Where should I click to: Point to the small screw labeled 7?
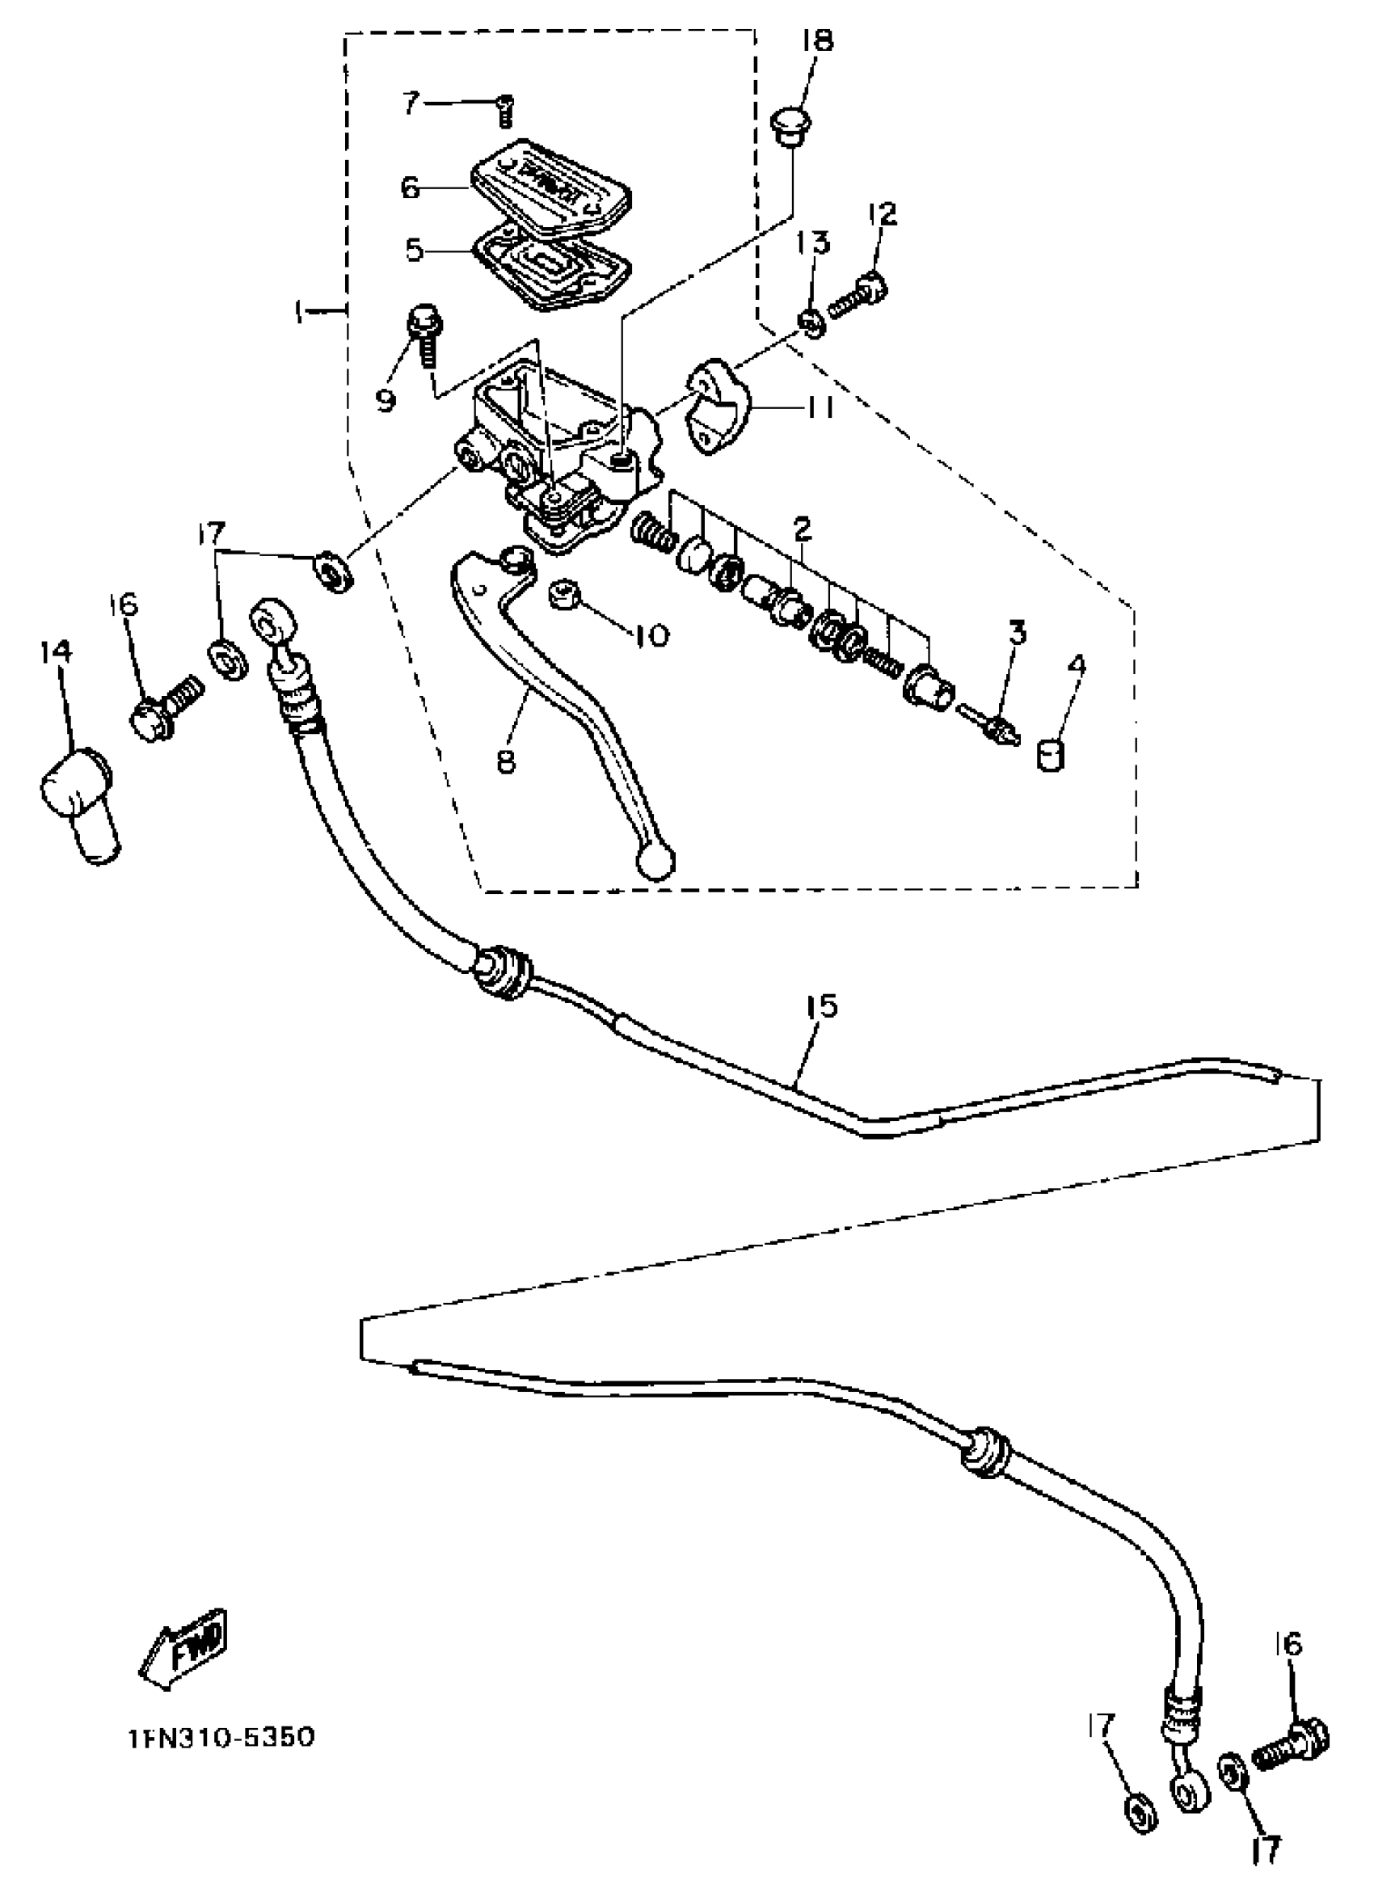coord(505,111)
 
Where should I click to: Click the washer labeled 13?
coord(811,322)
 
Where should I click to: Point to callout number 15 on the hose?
coord(822,1006)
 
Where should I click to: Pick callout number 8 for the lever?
coord(506,761)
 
